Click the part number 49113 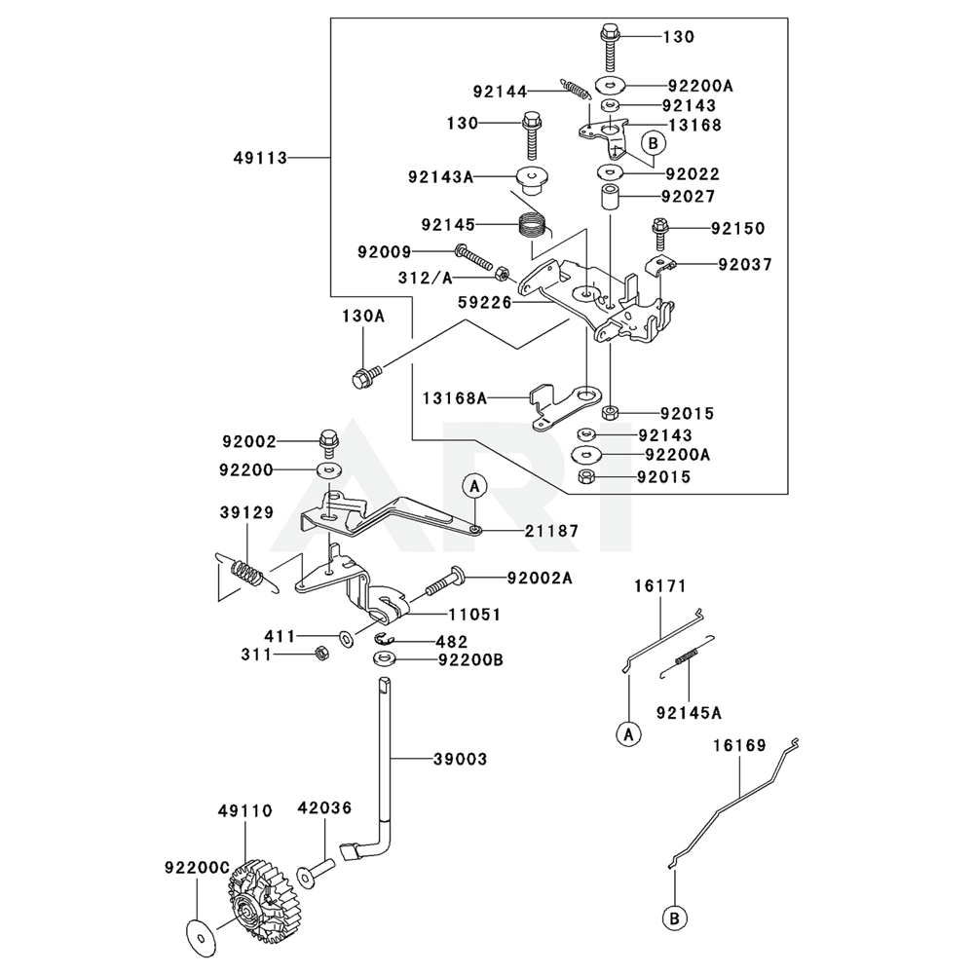[260, 157]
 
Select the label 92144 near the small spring [500, 92]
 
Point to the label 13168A [454, 397]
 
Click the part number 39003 [460, 759]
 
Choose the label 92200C [197, 864]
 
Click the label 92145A [689, 712]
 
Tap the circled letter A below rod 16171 [629, 733]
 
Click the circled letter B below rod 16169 [673, 916]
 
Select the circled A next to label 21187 [473, 485]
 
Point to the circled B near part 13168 [653, 143]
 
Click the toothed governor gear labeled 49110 [261, 896]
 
